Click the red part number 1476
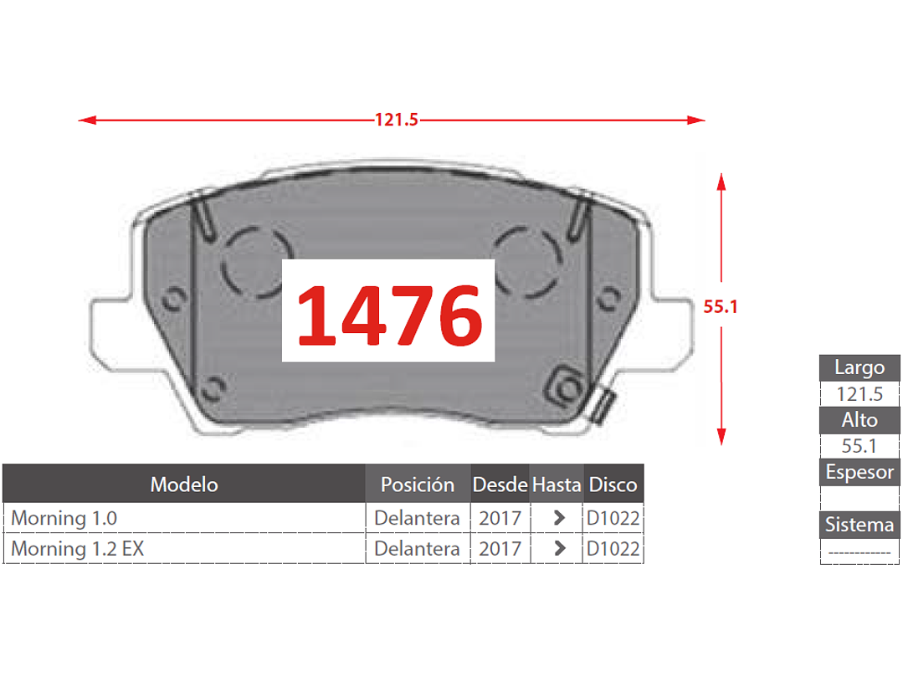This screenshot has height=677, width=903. (x=389, y=315)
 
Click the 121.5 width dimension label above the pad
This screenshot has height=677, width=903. (x=396, y=120)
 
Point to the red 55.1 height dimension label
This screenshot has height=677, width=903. (x=721, y=307)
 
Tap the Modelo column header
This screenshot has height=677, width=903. (x=184, y=485)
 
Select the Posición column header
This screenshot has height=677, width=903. (x=418, y=485)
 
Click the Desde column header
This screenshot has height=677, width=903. (x=500, y=485)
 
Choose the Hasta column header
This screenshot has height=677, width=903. (x=557, y=485)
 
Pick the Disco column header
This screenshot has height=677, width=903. (x=613, y=485)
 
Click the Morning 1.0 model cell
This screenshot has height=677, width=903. (x=64, y=518)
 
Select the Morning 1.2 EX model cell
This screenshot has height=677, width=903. (x=78, y=549)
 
